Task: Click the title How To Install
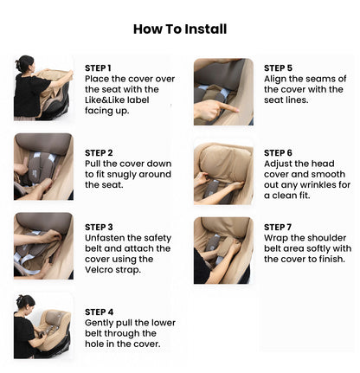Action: (180, 29)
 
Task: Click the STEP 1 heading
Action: (98, 68)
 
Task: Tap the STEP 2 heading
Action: (98, 152)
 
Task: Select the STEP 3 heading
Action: (98, 227)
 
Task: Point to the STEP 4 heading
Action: (98, 312)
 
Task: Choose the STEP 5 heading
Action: (278, 68)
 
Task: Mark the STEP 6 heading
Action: (278, 152)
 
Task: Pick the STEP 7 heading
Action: (278, 227)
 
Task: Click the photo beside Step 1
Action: (43, 88)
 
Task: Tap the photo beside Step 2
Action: (43, 167)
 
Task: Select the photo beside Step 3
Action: (43, 245)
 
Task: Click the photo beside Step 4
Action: (43, 325)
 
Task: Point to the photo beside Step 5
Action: (223, 91)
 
